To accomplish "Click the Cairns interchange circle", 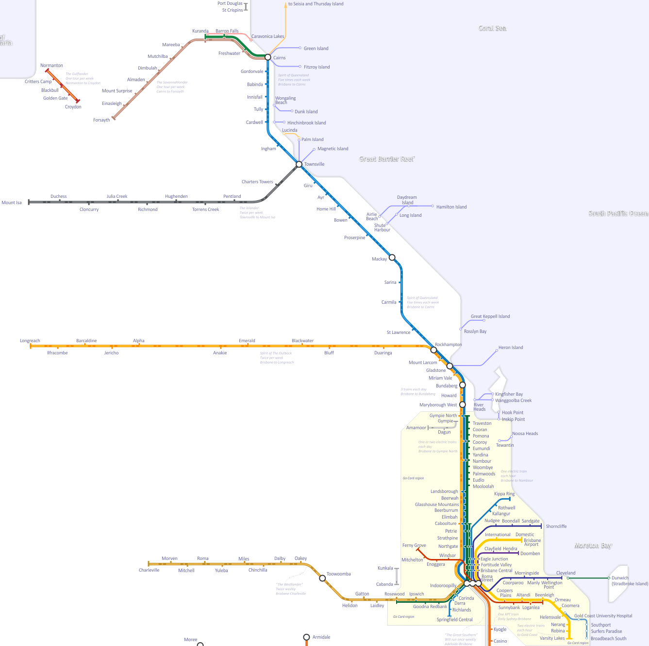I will pyautogui.click(x=268, y=57).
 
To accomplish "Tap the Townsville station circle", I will pyautogui.click(x=299, y=164).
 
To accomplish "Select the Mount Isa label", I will pyautogui.click(x=12, y=203).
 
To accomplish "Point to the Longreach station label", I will pyautogui.click(x=30, y=341).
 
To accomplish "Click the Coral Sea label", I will pyautogui.click(x=492, y=28).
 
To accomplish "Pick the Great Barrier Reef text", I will pyautogui.click(x=387, y=159).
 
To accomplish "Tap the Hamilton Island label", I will pyautogui.click(x=451, y=207).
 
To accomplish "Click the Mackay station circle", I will pyautogui.click(x=392, y=258).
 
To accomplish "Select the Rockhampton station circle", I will pyautogui.click(x=433, y=350).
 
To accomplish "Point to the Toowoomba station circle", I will pyautogui.click(x=322, y=578).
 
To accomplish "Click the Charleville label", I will pyautogui.click(x=149, y=570).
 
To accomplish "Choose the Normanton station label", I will pyautogui.click(x=51, y=66).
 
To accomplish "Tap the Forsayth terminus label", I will pyautogui.click(x=101, y=120).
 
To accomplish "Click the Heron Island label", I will pyautogui.click(x=511, y=348).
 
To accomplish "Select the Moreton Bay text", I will pyautogui.click(x=593, y=546).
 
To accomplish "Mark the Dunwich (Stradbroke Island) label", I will pyautogui.click(x=630, y=581).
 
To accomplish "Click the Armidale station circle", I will pyautogui.click(x=306, y=637).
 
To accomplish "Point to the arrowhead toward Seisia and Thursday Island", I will pyautogui.click(x=285, y=4).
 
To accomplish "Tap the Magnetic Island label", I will pyautogui.click(x=333, y=149).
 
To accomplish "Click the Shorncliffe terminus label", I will pyautogui.click(x=556, y=526).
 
